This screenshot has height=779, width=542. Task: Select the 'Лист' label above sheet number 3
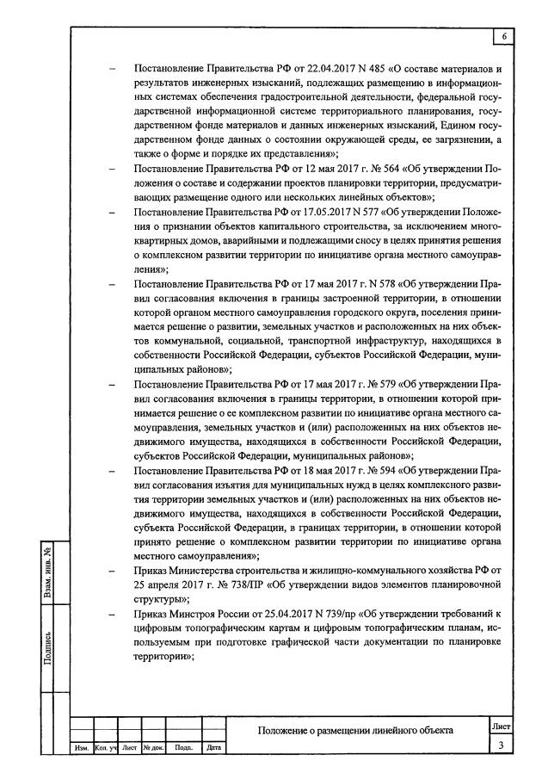501,727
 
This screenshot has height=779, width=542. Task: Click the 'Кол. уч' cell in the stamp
106,748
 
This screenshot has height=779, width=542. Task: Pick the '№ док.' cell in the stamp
153,748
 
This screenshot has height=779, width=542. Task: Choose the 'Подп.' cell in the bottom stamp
183,748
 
